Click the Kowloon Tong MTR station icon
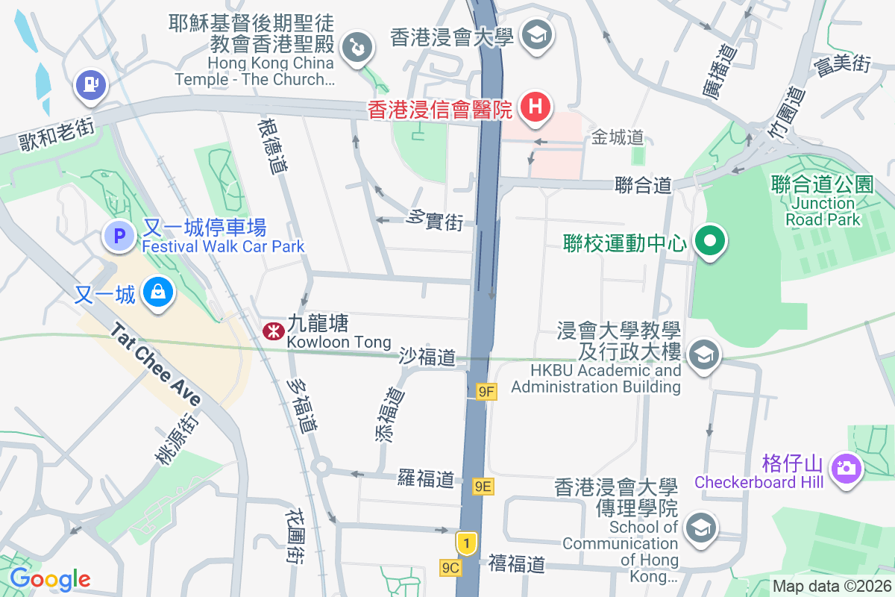pyautogui.click(x=271, y=330)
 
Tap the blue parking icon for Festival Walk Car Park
pyautogui.click(x=118, y=237)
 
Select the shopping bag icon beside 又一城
pyautogui.click(x=158, y=292)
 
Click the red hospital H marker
pyautogui.click(x=535, y=107)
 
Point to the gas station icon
pyautogui.click(x=90, y=84)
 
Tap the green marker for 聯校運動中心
pyautogui.click(x=710, y=242)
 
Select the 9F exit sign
pyautogui.click(x=486, y=391)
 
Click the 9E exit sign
pyautogui.click(x=483, y=487)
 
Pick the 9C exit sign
pyautogui.click(x=450, y=568)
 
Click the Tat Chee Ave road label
pyautogui.click(x=156, y=365)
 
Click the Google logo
pyautogui.click(x=50, y=578)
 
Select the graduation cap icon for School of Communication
pyautogui.click(x=701, y=528)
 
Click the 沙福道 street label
pyautogui.click(x=427, y=357)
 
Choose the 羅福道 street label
pyautogui.click(x=426, y=478)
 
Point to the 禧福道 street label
pyautogui.click(x=517, y=564)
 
